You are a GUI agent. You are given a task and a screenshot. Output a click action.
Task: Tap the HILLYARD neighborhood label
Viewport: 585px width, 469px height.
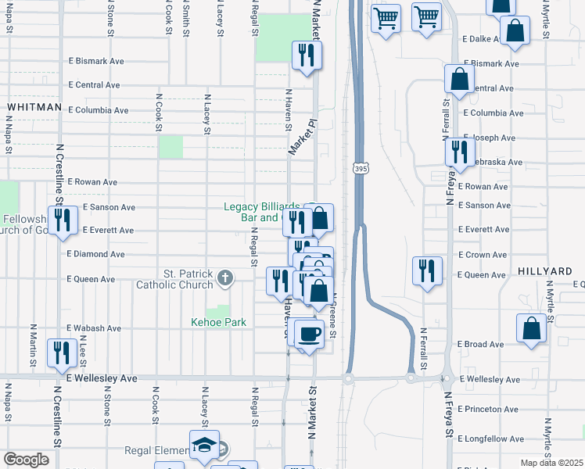544,270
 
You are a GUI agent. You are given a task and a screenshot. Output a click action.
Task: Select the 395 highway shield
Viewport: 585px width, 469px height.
360,169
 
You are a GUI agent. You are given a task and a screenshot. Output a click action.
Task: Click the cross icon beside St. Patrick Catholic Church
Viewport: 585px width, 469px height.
225,277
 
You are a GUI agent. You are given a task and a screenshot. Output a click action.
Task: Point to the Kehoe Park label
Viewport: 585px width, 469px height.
219,322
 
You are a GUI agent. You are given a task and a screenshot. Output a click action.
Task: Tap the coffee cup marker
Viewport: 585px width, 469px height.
310,335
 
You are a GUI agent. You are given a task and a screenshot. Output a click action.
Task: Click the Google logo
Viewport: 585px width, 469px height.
25,460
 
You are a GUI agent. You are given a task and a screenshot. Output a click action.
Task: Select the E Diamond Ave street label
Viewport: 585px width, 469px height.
95,254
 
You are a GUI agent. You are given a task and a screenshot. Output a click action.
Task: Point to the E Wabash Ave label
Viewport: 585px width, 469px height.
95,328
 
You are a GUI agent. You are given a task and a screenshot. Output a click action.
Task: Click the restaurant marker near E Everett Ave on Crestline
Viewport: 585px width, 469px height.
59,220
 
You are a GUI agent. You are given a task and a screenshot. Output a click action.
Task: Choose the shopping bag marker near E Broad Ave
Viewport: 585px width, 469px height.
532,330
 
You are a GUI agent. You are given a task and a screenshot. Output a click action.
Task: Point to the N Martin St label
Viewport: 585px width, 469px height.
33,344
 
